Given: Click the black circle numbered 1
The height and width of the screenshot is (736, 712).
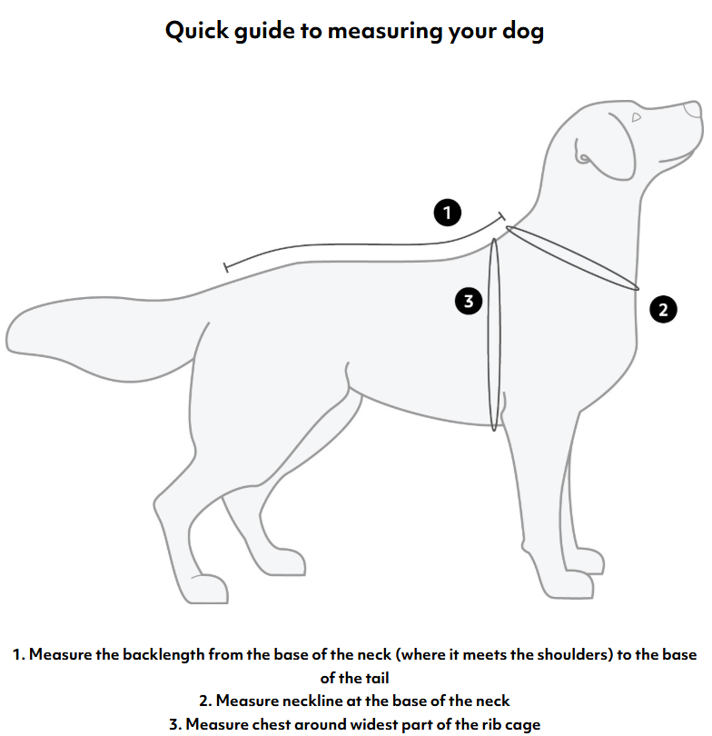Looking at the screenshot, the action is (x=447, y=213).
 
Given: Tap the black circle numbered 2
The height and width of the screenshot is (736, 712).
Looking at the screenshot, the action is (x=663, y=310).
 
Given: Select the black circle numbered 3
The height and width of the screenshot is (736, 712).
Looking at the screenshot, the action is (x=468, y=301).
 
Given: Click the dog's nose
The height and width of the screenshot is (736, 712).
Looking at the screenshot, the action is (x=693, y=110).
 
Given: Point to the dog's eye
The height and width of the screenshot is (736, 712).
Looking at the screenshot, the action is (x=636, y=117).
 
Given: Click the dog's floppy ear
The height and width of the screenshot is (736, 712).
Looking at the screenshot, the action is (x=605, y=147).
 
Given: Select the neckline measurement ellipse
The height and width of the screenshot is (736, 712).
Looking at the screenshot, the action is (x=571, y=258).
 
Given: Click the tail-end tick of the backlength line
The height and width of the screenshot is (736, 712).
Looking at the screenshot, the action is (x=226, y=267).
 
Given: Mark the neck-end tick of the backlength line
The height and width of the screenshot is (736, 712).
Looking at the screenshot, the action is (x=502, y=216).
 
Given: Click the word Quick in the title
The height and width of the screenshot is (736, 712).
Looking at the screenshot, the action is (x=197, y=32).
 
